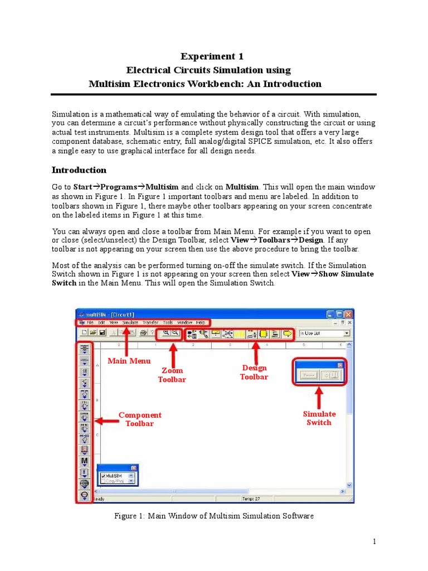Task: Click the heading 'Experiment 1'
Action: [x=212, y=56]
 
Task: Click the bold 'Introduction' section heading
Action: [x=79, y=170]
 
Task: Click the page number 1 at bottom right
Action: [x=375, y=541]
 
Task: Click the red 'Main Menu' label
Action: [x=129, y=361]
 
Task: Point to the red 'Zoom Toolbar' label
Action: [x=172, y=375]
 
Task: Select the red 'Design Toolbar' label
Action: [x=254, y=372]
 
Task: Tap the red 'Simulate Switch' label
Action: [x=319, y=418]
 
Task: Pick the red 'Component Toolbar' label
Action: [x=139, y=419]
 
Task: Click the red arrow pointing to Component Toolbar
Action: [x=106, y=421]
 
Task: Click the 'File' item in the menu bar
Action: [x=90, y=322]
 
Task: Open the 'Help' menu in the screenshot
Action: [x=201, y=322]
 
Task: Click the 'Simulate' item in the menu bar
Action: [x=130, y=322]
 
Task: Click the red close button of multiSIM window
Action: [x=348, y=314]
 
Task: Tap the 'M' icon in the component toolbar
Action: [x=85, y=461]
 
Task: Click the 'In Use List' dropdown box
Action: [x=324, y=333]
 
